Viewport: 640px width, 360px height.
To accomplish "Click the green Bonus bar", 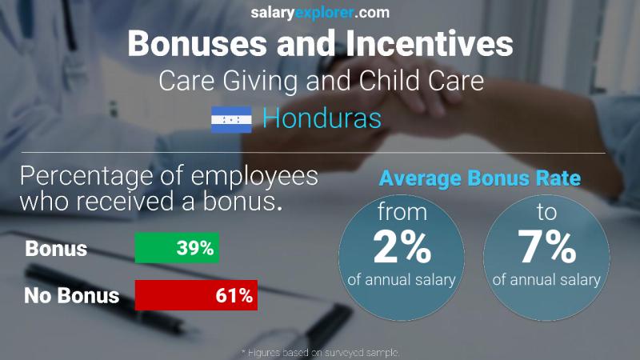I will pyautogui.click(x=177, y=248).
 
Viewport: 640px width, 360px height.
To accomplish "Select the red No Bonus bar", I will pyautogui.click(x=196, y=295).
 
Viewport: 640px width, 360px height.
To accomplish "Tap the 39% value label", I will pyautogui.click(x=195, y=248).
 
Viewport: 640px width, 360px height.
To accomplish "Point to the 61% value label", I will pyautogui.click(x=234, y=295).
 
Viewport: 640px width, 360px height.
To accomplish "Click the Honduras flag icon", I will pyautogui.click(x=231, y=120).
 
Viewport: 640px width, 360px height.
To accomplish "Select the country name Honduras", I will pyautogui.click(x=322, y=119).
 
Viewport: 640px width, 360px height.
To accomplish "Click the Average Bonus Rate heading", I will pyautogui.click(x=479, y=179).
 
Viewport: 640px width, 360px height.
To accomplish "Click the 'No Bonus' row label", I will pyautogui.click(x=71, y=296).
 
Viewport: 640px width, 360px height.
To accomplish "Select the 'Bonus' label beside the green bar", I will pyautogui.click(x=56, y=249).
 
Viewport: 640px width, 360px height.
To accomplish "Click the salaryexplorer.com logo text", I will pyautogui.click(x=319, y=12).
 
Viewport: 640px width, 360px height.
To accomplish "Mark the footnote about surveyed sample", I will pyautogui.click(x=319, y=352).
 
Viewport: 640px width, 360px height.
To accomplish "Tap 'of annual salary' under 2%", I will pyautogui.click(x=402, y=280).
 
